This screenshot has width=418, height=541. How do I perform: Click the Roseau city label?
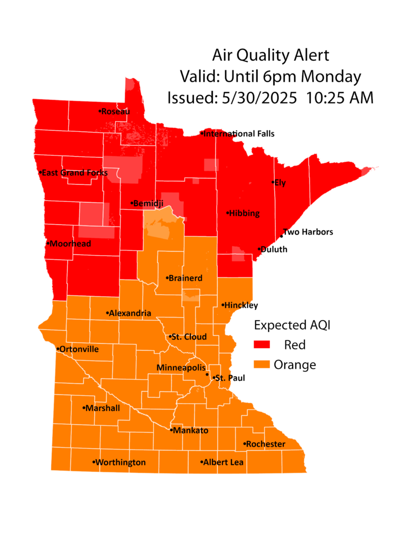[115, 111]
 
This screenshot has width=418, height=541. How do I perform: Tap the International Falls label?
[239, 134]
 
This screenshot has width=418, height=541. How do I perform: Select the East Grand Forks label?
[75, 173]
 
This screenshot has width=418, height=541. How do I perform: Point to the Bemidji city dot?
[132, 203]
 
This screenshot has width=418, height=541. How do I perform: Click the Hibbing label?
[244, 213]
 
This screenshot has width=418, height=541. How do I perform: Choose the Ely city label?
[280, 183]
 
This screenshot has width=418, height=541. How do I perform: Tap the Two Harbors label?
[309, 232]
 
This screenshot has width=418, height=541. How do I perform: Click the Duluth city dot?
[259, 249]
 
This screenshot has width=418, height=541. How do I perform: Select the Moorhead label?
[71, 244]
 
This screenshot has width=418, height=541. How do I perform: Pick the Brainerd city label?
[186, 278]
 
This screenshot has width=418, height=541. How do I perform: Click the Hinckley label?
[241, 305]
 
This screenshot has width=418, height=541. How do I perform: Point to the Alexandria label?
[131, 313]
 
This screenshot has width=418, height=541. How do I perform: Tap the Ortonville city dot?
[58, 349]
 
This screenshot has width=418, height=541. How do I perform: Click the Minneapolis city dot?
[207, 375]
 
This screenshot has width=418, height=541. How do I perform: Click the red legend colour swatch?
[263, 345]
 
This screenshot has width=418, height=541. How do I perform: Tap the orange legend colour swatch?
[263, 364]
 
